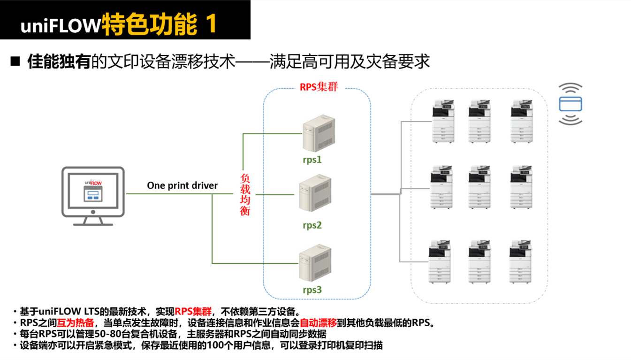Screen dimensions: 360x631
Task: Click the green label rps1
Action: pos(312,160)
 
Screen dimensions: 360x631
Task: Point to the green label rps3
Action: pos(312,290)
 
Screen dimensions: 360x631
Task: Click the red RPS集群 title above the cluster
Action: pos(319,87)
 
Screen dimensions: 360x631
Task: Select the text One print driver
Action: pos(182,185)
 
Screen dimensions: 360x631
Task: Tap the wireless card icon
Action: pos(570,104)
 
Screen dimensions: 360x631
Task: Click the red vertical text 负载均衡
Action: pos(245,194)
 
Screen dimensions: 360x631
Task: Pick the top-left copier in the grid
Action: pos(443,121)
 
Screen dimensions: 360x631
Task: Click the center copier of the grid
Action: pos(479,186)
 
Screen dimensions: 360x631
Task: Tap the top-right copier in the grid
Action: pos(522,121)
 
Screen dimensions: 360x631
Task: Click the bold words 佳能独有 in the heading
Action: pos(59,61)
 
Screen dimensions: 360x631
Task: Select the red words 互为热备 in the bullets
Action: pos(76,323)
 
